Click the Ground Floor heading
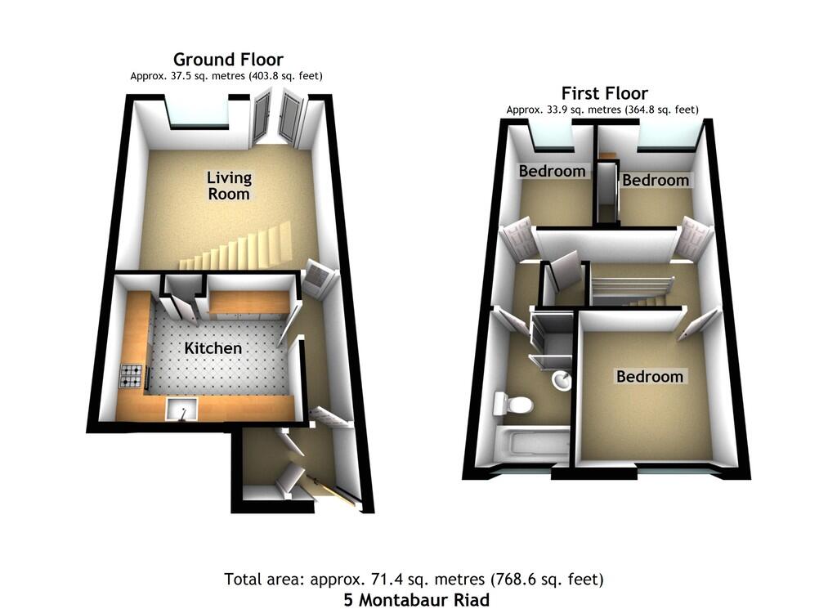pos(228,59)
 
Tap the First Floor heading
pos(604,93)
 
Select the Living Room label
pos(229,186)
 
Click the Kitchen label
pos(213,348)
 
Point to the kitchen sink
pos(181,410)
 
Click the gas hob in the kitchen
pos(132,375)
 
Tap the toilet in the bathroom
pos(513,404)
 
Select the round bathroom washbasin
pos(561,381)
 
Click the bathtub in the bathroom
pos(531,444)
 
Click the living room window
pos(199,114)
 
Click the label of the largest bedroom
pos(650,376)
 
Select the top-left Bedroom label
pos(552,172)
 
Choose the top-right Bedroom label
pos(656,181)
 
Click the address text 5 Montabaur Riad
pos(416,600)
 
